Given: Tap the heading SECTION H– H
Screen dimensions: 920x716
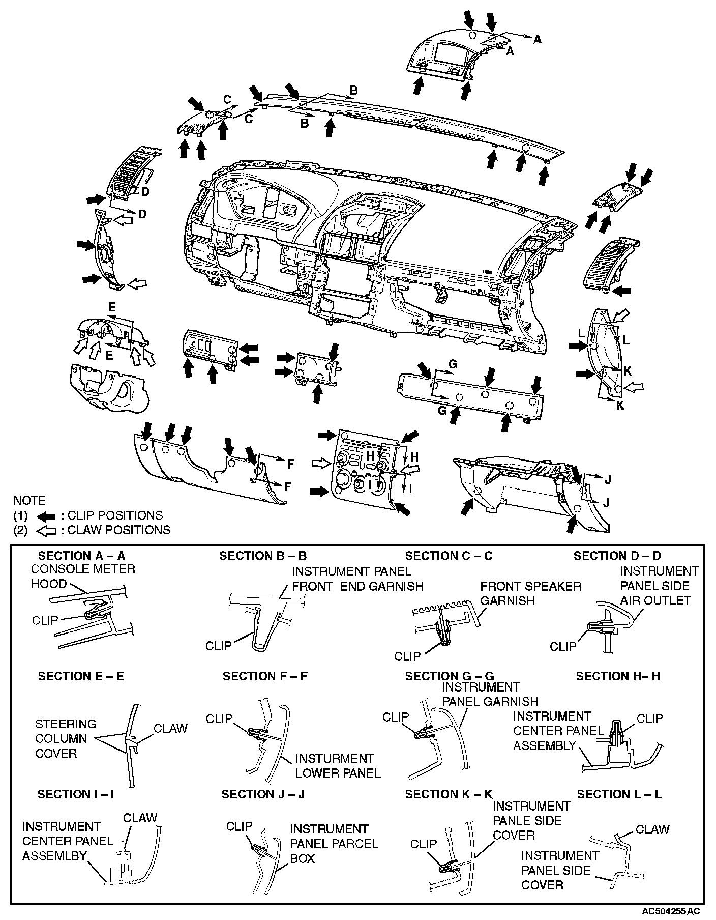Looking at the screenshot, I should tap(618, 676).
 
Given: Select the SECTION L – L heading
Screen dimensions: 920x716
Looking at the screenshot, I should tap(619, 794).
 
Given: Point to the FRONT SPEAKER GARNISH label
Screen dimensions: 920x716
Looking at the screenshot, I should tap(530, 593).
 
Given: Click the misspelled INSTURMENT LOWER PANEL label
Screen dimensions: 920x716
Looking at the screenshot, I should tap(338, 766).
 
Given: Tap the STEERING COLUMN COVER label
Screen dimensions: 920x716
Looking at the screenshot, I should tap(66, 738).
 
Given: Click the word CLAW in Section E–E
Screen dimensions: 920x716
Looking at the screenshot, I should tap(171, 728).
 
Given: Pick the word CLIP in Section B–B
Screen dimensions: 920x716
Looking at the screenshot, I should tap(218, 646).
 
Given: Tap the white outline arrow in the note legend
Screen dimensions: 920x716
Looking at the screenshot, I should tap(47, 530).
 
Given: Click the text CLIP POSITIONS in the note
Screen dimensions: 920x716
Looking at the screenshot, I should tap(115, 515).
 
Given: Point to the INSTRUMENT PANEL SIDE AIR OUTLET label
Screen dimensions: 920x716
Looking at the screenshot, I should tap(659, 586).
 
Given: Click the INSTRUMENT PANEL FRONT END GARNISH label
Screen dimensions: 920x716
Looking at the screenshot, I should tap(357, 579).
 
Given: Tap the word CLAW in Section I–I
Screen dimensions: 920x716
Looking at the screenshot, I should tap(140, 818).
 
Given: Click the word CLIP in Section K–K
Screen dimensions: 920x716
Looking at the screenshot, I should tap(424, 844).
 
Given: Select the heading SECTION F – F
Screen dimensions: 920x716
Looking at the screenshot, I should tap(265, 676).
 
